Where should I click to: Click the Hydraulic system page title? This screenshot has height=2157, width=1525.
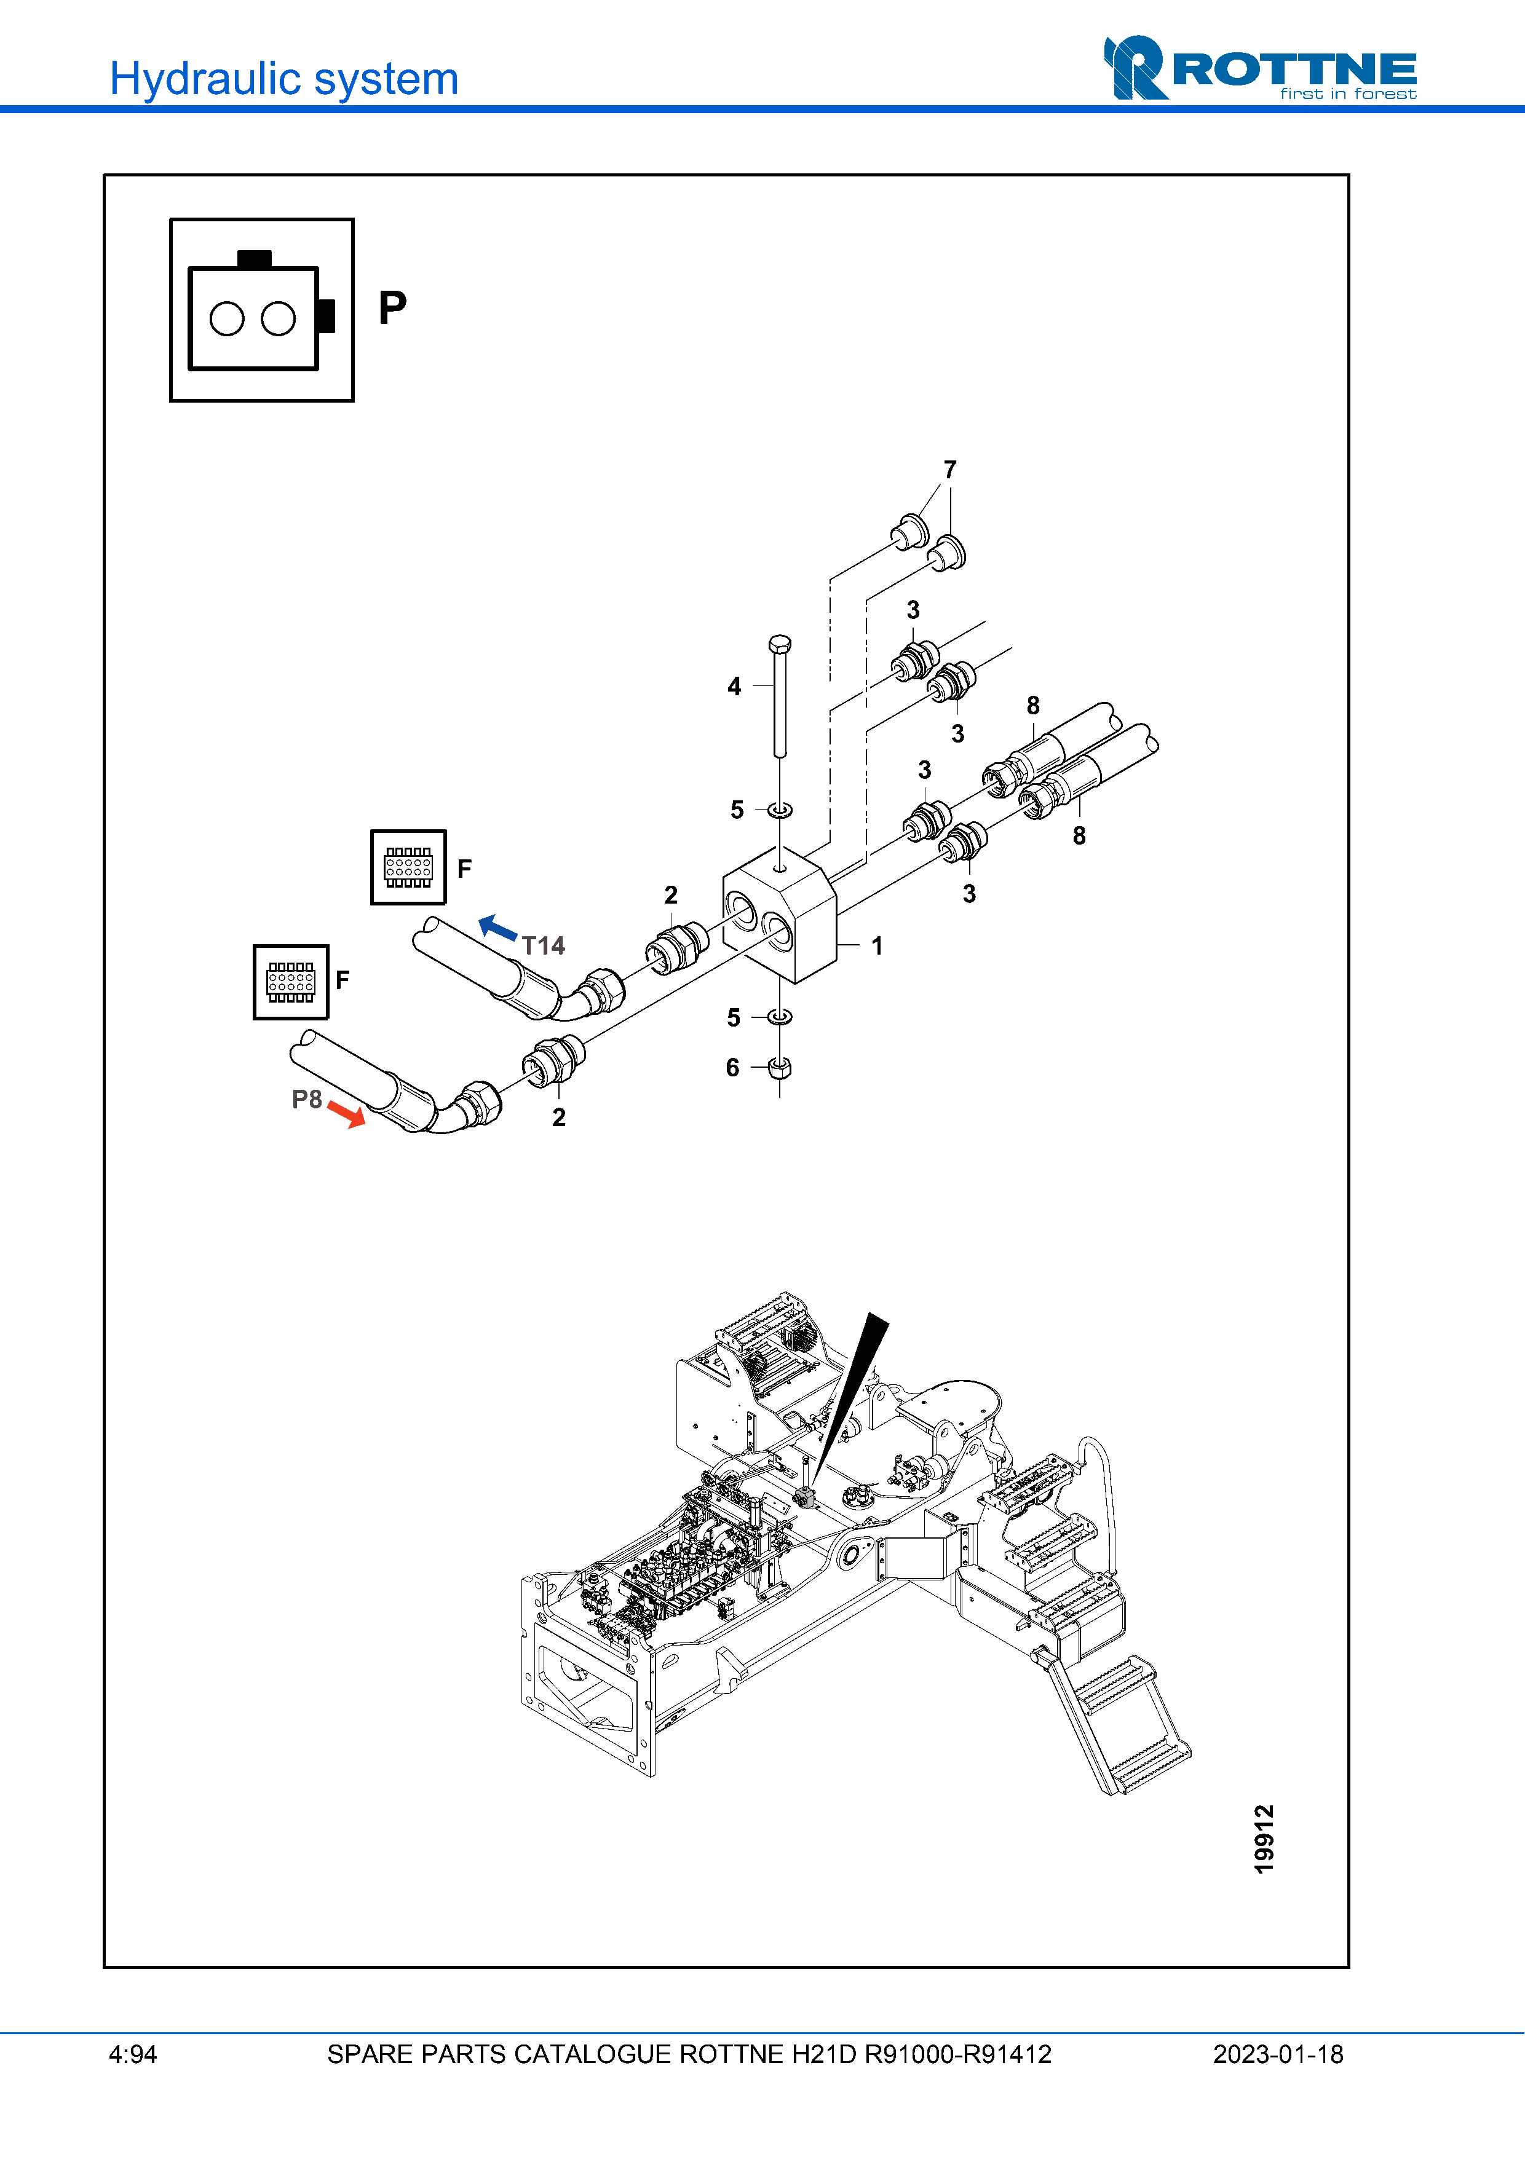[x=283, y=79]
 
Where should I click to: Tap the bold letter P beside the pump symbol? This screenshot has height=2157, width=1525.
[x=393, y=307]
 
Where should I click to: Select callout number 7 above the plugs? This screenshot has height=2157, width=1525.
[x=950, y=469]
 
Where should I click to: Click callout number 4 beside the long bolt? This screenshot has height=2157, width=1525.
[x=734, y=687]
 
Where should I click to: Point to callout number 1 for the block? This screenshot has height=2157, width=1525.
[x=877, y=946]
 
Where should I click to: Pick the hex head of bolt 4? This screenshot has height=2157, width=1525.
[x=779, y=644]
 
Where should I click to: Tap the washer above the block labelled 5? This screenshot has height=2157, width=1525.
[x=780, y=809]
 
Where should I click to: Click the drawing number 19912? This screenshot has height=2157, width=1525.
[x=1264, y=1839]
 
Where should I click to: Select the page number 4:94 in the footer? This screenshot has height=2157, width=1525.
[x=132, y=2054]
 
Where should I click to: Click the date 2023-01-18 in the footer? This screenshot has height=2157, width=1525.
[x=1278, y=2054]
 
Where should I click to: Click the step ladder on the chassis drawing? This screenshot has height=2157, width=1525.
[x=1118, y=1723]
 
